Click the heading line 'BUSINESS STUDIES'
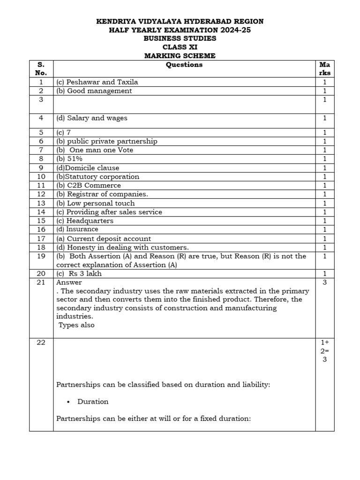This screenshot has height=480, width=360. click(x=180, y=38)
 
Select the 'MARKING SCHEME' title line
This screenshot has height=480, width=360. click(x=180, y=56)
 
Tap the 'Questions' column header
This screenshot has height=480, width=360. click(x=184, y=65)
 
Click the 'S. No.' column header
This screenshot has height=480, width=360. click(x=41, y=69)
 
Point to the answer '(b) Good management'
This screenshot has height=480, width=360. click(x=94, y=91)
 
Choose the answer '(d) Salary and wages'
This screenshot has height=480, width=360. click(x=91, y=118)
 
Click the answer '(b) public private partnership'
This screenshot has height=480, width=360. click(x=107, y=141)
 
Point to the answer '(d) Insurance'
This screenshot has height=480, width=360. click(x=77, y=229)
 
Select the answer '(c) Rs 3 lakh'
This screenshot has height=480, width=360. click(x=79, y=274)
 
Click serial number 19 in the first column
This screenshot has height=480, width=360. click(x=41, y=256)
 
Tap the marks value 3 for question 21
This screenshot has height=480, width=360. click(x=324, y=282)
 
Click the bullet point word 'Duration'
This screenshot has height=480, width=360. click(x=93, y=402)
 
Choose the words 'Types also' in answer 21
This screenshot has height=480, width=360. click(x=76, y=325)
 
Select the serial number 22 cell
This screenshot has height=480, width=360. click(x=41, y=343)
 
